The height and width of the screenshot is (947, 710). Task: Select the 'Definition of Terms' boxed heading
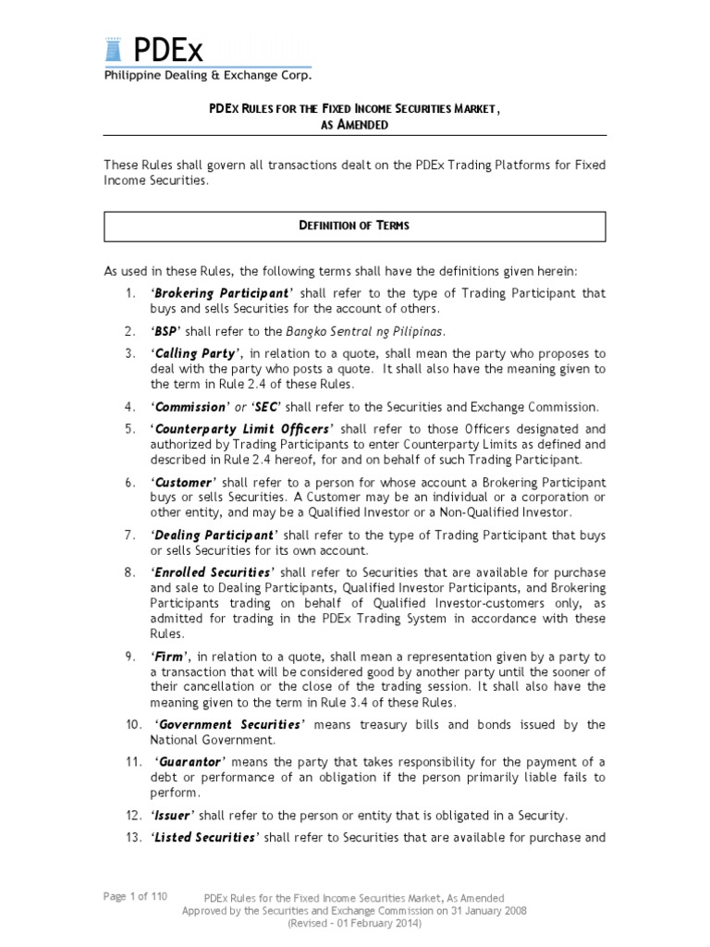pyautogui.click(x=354, y=226)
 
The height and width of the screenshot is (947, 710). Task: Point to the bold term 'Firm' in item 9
pyautogui.click(x=168, y=656)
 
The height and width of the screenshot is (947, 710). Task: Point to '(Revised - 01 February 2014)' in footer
pyautogui.click(x=354, y=923)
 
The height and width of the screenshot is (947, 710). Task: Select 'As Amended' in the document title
pyautogui.click(x=354, y=124)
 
